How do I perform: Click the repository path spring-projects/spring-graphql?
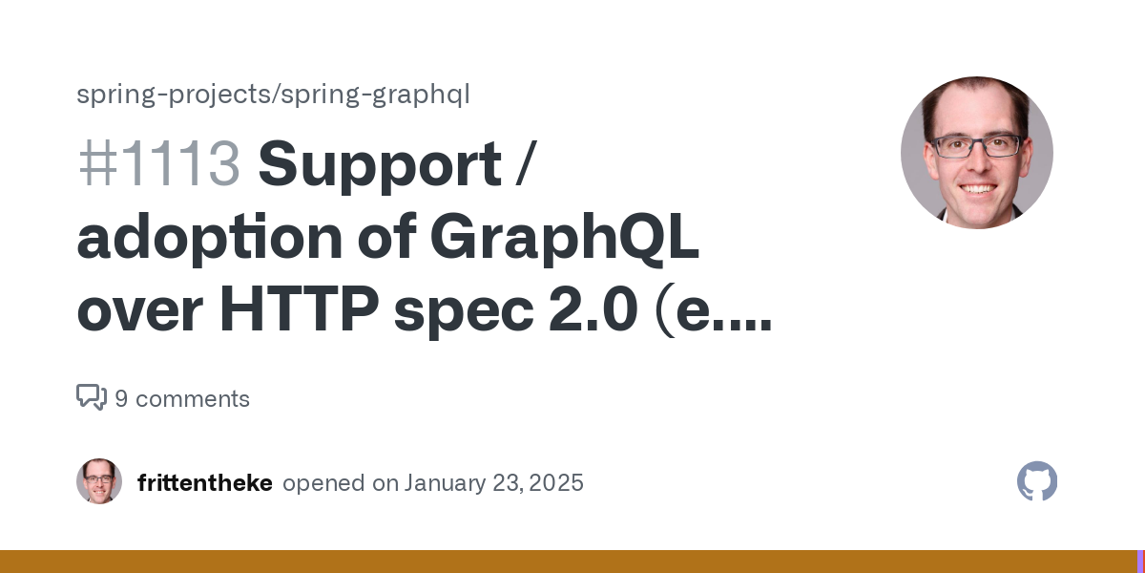point(273,95)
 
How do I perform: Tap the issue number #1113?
point(159,164)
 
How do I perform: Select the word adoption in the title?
point(210,239)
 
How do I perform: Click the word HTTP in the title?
point(299,308)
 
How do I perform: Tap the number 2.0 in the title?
point(593,309)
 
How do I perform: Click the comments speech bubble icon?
point(92,397)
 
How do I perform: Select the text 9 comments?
point(182,398)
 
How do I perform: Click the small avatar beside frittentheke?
point(99,481)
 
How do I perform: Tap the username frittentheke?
point(205,483)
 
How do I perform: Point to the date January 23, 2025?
point(494,483)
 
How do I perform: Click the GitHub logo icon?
point(1037,481)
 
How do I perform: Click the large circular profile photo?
point(977,153)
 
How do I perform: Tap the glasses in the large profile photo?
point(976,146)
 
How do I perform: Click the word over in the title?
point(140,312)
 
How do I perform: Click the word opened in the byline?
point(323,484)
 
